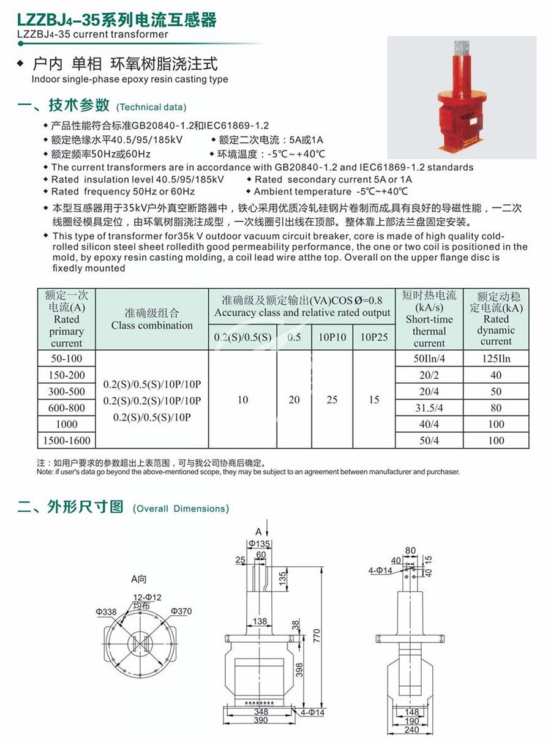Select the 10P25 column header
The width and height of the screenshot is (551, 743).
point(374,337)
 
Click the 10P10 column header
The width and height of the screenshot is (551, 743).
point(332,337)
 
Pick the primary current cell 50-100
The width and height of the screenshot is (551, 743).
point(67,359)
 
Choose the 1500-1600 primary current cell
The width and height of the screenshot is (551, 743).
point(67,441)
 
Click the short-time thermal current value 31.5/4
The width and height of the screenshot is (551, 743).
point(429,408)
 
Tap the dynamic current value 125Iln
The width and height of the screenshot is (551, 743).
point(495,359)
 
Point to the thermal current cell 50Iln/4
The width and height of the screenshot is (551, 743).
point(429,359)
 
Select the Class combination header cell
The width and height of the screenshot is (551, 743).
point(152,319)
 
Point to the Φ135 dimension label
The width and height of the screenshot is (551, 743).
point(259,543)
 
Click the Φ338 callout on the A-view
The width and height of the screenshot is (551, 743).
point(106,611)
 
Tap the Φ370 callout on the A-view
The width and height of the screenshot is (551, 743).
point(181,611)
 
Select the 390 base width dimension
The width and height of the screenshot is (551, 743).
point(260,721)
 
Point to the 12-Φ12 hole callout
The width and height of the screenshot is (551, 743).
point(148,597)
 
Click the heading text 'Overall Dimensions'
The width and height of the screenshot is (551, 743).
point(181,509)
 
